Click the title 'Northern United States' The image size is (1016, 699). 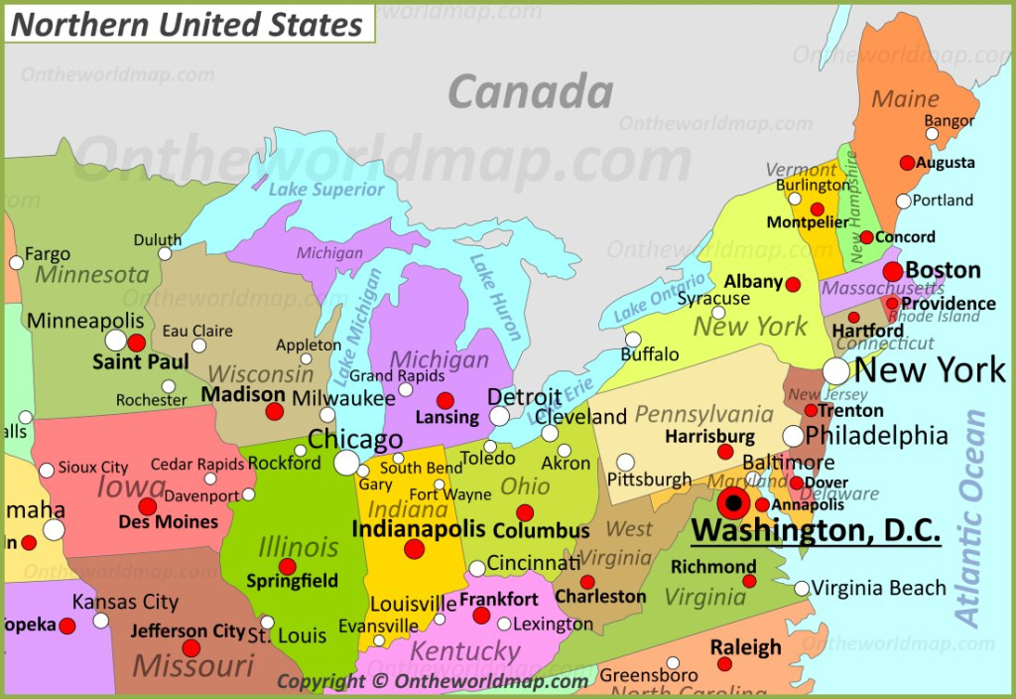(x=187, y=24)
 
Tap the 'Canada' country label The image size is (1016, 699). (x=530, y=92)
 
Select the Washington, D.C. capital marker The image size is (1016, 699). (x=734, y=503)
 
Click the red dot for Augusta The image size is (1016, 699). (x=907, y=163)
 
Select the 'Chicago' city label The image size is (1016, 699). (x=354, y=439)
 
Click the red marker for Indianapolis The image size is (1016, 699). (x=414, y=549)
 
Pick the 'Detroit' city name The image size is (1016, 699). (x=524, y=397)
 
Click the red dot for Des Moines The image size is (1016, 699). (x=147, y=506)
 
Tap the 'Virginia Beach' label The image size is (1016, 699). (x=879, y=588)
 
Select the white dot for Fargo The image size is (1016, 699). (x=16, y=263)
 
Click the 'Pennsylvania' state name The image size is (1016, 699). (x=703, y=414)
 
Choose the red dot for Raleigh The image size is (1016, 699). (x=725, y=664)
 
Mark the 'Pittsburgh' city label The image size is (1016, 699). (x=649, y=480)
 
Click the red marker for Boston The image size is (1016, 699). (x=893, y=271)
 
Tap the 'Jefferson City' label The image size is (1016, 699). (x=188, y=630)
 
